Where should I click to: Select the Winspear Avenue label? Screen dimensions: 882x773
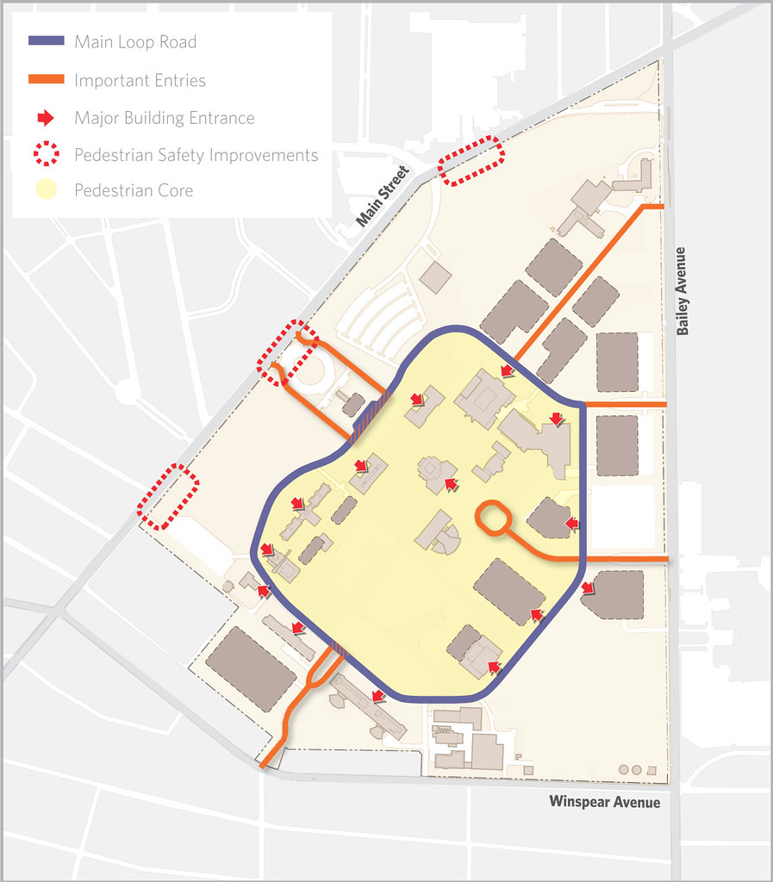coord(604,802)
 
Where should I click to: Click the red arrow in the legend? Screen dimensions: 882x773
coord(47,117)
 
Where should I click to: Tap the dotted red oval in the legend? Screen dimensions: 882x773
coord(46,155)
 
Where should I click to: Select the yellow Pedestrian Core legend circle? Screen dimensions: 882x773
coord(46,190)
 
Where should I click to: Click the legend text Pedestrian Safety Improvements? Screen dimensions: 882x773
coord(196,155)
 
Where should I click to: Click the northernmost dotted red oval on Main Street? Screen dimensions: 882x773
coord(471,160)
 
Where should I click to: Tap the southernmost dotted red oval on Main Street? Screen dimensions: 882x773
coord(170,497)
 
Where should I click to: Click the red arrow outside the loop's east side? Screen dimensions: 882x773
coord(588,588)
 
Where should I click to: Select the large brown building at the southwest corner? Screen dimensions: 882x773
coord(250,668)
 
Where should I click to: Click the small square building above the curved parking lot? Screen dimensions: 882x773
coord(435,276)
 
